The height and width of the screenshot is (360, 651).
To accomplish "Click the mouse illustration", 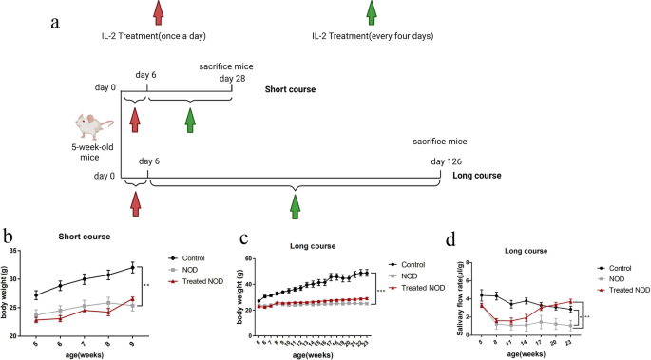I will pos(95,125).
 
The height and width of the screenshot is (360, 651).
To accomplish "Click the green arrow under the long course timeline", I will pos(296,202).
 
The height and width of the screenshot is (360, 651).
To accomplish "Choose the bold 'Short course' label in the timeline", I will pos(292,90).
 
